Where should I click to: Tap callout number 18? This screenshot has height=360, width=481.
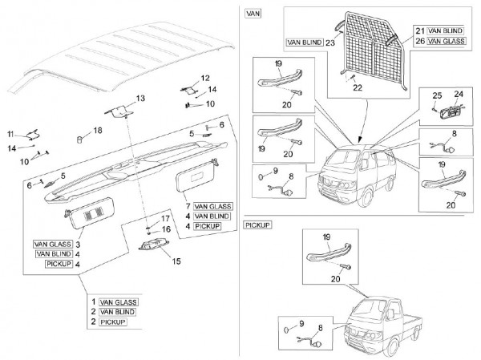[97, 130]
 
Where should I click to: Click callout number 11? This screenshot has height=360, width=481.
[11, 133]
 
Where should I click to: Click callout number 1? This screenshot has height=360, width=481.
[94, 301]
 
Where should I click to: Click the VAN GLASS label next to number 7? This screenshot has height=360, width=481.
[211, 205]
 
